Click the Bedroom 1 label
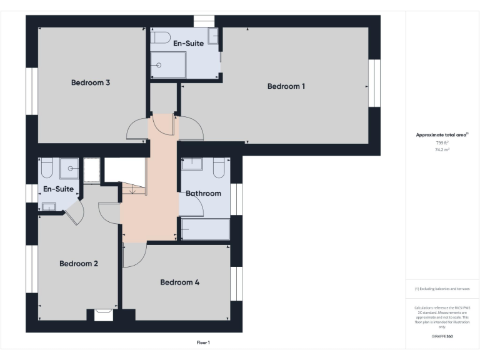tap(286, 86)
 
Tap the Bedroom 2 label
tap(79, 264)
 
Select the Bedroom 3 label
tap(91, 82)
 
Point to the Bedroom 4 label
tap(179, 282)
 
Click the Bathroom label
tap(203, 193)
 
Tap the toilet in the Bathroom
tap(219, 167)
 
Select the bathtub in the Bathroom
tap(204, 229)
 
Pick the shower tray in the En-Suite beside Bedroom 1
tap(167, 65)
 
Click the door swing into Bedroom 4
tap(134, 254)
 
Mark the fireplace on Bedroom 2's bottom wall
tap(103, 315)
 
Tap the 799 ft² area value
tap(442, 143)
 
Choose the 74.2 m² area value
tap(442, 150)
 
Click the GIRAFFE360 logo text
tap(442, 336)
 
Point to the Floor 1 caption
tap(203, 342)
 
